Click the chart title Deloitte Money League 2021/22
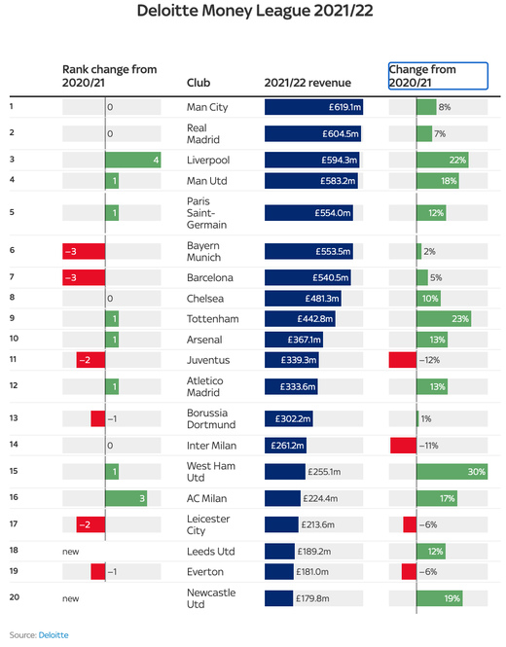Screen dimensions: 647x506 pos(253,13)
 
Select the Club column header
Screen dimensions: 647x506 pos(198,84)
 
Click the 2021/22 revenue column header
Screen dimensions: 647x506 pos(307,84)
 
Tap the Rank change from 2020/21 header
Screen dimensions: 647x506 pos(109,76)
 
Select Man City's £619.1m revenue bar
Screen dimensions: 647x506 pos(313,106)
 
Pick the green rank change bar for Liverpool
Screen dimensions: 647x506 pos(133,160)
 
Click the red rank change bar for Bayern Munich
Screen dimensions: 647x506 pos(84,251)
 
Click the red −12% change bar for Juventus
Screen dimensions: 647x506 pos(402,360)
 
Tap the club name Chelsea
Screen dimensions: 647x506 pos(204,298)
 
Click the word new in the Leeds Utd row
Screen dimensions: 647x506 pos(70,550)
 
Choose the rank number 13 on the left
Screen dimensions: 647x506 pos(14,418)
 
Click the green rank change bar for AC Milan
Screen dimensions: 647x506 pos(126,498)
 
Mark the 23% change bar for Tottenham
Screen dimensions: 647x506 pos(444,318)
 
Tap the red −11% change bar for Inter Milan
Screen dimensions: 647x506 pos(403,445)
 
